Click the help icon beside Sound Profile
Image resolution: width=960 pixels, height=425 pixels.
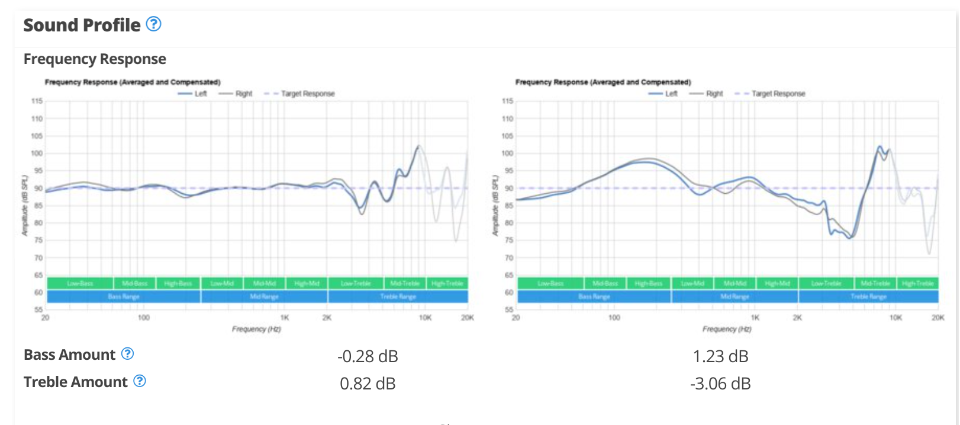(153, 24)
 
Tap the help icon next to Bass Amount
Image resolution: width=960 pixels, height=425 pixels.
(127, 354)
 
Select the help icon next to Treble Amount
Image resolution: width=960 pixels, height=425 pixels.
(140, 381)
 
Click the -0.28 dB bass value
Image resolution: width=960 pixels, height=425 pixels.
(368, 356)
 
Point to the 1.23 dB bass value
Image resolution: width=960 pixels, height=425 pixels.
(720, 356)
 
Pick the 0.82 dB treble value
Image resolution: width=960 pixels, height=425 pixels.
(368, 384)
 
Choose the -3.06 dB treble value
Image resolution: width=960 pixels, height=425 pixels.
(720, 384)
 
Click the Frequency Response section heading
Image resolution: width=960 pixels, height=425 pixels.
(95, 59)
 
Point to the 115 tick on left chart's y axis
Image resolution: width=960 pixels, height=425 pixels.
(37, 101)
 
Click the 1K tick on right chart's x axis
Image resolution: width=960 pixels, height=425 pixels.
(755, 318)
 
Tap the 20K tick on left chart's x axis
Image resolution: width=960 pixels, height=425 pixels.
(468, 318)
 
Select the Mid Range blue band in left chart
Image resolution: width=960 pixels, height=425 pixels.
(264, 296)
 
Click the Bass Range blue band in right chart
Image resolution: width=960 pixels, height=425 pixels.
(594, 296)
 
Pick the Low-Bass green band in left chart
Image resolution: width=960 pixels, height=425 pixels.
(80, 283)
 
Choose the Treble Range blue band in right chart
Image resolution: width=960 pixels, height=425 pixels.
(868, 296)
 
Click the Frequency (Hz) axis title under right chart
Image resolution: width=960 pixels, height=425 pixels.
(727, 329)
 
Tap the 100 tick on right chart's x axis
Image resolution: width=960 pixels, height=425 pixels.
(614, 318)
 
